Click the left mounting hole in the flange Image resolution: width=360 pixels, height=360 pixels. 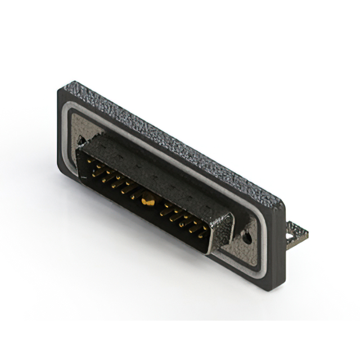[x=82, y=139]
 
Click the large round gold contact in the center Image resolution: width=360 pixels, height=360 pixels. [x=148, y=197]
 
